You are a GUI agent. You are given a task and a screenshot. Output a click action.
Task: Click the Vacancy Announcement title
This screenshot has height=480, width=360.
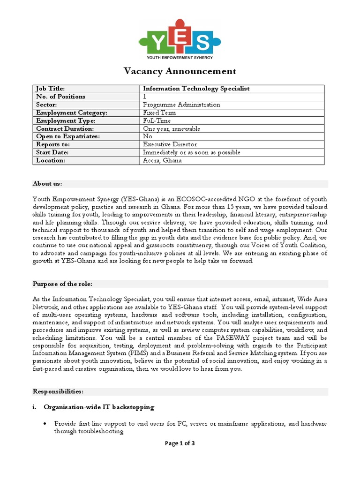pos(180,71)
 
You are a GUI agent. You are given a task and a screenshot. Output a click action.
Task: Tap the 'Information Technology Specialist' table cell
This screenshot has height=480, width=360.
pos(196,89)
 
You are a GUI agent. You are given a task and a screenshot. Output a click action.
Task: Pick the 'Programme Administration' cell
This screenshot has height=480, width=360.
pos(181,105)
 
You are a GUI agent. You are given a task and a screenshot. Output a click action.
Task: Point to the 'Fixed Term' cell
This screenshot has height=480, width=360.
pos(159,113)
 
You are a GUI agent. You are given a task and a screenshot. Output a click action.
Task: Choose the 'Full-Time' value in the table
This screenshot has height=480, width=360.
pos(157,121)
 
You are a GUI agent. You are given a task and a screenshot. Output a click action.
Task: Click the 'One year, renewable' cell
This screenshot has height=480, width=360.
pos(172,129)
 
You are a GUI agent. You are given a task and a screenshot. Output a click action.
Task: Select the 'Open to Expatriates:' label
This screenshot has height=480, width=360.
pos(68,136)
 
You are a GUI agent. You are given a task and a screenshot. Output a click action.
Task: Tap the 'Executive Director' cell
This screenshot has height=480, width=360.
pos(170,144)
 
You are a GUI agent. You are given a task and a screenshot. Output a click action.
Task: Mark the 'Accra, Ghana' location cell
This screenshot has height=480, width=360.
pos(162,160)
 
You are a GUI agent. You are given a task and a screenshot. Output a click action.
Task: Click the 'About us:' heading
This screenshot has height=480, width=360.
pos(47,183)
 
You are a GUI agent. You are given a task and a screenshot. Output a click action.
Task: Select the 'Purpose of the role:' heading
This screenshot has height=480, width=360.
pos(62,284)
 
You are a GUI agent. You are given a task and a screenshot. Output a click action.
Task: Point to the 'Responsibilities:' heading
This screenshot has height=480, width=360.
pos(58,391)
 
